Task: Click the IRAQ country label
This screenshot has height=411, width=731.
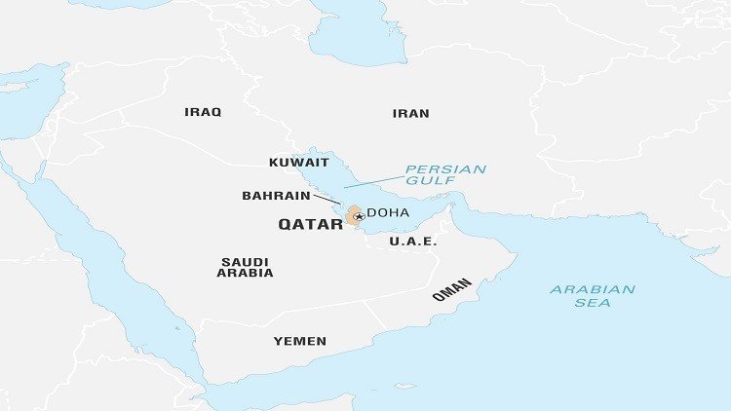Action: pyautogui.click(x=203, y=112)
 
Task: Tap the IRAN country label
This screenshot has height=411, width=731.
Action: pyautogui.click(x=410, y=114)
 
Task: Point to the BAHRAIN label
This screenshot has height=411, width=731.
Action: pyautogui.click(x=276, y=196)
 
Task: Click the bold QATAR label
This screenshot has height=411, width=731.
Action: pyautogui.click(x=310, y=224)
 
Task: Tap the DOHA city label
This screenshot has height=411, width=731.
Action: pyautogui.click(x=387, y=213)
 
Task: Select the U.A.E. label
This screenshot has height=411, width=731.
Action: pyautogui.click(x=413, y=241)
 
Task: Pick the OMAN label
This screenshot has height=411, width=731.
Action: pyautogui.click(x=452, y=289)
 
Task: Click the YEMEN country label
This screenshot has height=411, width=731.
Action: pyautogui.click(x=299, y=341)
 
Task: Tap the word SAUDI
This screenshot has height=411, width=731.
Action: pyautogui.click(x=245, y=261)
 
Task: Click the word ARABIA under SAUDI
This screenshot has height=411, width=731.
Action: pyautogui.click(x=245, y=273)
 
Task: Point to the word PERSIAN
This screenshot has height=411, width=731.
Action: pyautogui.click(x=445, y=168)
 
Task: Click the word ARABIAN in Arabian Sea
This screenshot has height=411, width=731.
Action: pyautogui.click(x=593, y=289)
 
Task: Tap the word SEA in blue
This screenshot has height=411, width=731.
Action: pyautogui.click(x=593, y=303)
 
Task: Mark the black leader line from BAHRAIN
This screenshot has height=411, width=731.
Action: pyautogui.click(x=327, y=200)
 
